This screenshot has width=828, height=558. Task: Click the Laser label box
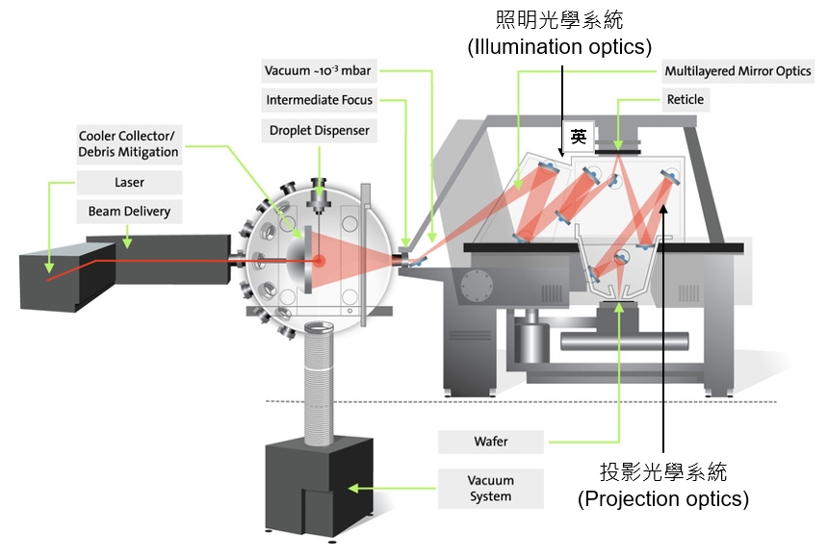pyautogui.click(x=129, y=181)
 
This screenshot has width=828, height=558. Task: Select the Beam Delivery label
pyautogui.click(x=129, y=210)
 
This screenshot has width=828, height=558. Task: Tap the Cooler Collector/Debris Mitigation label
pyautogui.click(x=129, y=143)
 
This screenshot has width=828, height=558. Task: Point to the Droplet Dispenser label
pyautogui.click(x=318, y=129)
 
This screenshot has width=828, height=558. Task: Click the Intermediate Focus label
pyautogui.click(x=318, y=100)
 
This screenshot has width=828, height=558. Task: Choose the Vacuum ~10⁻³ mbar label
pyautogui.click(x=318, y=71)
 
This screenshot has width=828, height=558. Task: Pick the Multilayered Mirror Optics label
pyautogui.click(x=738, y=71)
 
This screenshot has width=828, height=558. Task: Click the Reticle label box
pyautogui.click(x=685, y=99)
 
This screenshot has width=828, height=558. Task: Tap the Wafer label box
pyautogui.click(x=490, y=442)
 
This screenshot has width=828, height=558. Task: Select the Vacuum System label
pyautogui.click(x=490, y=488)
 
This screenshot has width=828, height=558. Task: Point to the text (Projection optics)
pyautogui.click(x=662, y=499)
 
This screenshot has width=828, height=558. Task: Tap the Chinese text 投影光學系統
pyautogui.click(x=663, y=472)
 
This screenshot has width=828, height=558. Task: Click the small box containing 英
pyautogui.click(x=578, y=137)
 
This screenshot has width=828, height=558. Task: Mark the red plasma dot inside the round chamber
pyautogui.click(x=319, y=261)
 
